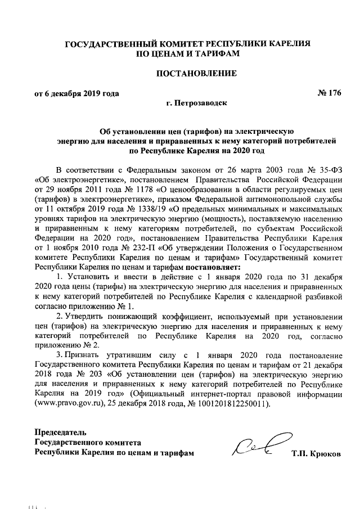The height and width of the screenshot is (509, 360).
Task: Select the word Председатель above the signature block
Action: click(61, 433)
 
